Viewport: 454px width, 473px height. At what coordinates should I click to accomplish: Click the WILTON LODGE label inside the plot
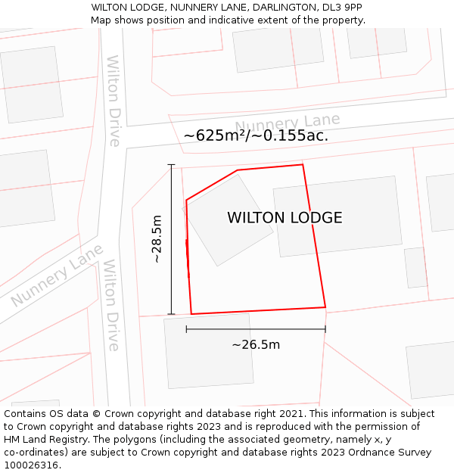285,218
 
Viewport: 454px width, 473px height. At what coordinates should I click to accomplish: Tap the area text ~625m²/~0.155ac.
256,135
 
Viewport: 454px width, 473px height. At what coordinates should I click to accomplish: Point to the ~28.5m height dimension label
157,239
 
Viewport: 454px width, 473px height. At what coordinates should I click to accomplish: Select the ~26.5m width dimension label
256,345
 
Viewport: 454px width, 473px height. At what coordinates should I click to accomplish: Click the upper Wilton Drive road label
113,101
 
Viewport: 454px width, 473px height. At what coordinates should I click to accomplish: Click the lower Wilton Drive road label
112,305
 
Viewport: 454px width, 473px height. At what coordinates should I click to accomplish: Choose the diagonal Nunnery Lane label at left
56,275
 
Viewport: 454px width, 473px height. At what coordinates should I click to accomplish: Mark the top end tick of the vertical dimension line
171,165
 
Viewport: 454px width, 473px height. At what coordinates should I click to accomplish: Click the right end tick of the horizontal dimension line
325,329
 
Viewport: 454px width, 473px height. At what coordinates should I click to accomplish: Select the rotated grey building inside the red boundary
229,219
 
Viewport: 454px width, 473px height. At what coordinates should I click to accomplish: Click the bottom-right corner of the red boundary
325,307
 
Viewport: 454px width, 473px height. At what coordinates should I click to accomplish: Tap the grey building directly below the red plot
208,351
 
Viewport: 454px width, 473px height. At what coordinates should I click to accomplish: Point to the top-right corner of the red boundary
303,164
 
